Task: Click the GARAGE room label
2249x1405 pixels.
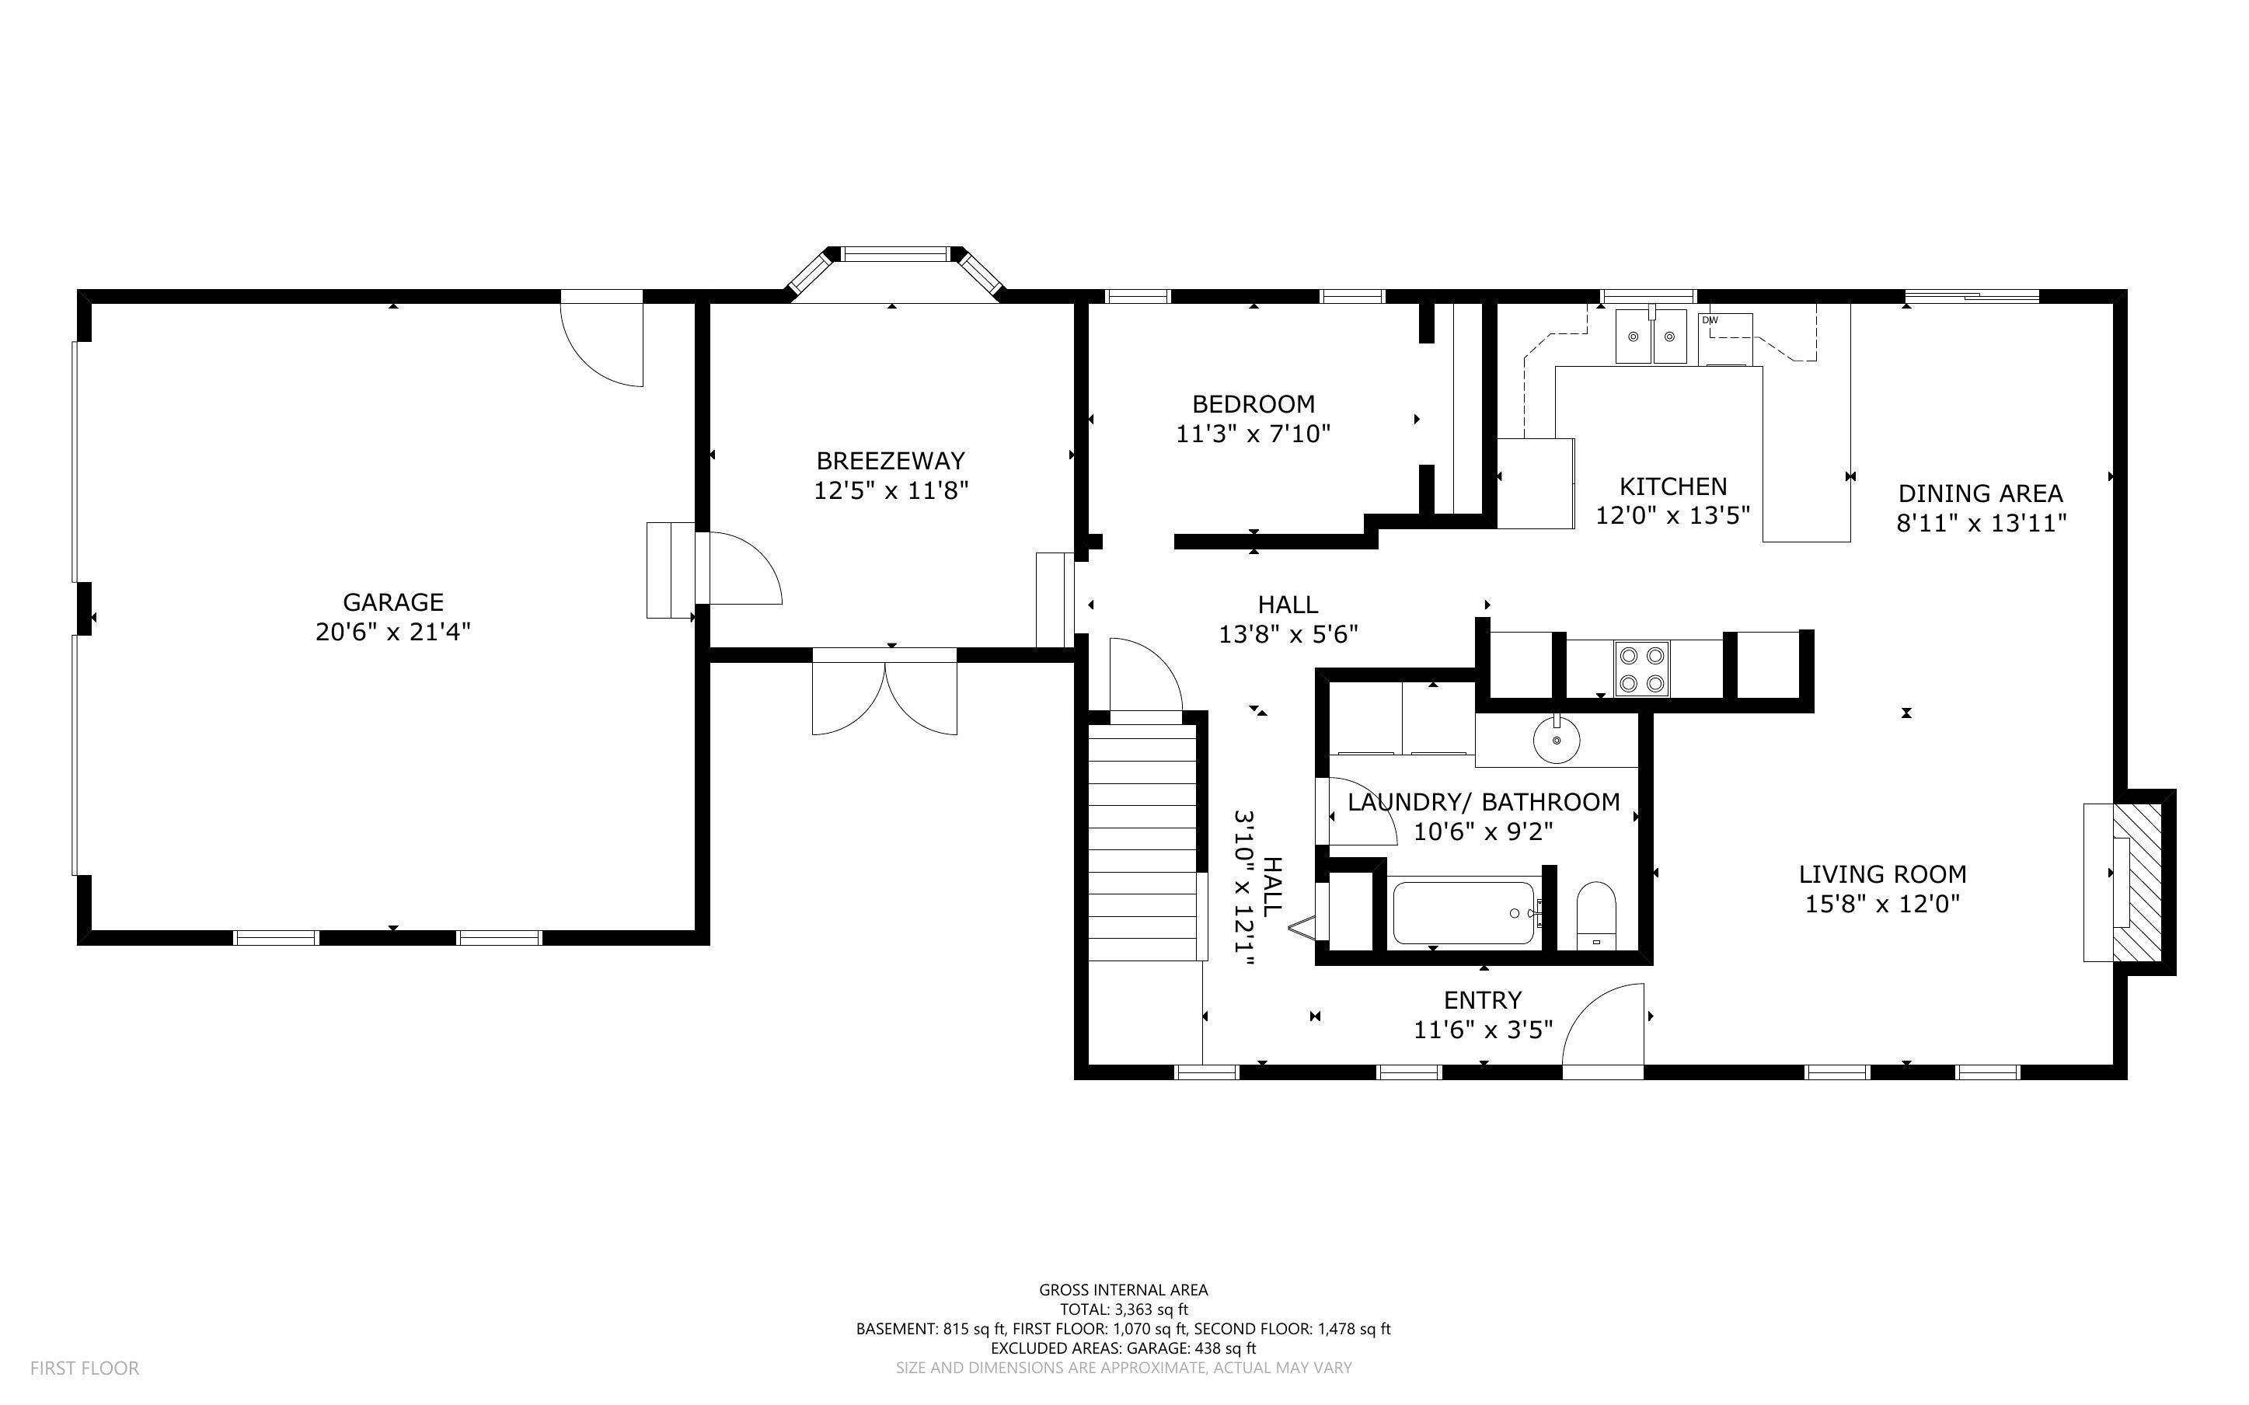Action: tap(393, 602)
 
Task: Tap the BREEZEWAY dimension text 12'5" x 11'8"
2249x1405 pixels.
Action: tap(891, 490)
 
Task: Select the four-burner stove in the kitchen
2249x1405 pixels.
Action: tap(1641, 668)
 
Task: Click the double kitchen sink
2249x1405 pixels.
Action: tap(1651, 336)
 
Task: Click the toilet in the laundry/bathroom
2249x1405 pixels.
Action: tap(1597, 915)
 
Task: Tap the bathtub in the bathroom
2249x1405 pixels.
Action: tap(1464, 913)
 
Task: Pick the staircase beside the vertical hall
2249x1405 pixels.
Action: tap(1142, 842)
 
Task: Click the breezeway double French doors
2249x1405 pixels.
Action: tap(884, 697)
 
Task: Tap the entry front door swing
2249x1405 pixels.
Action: tap(1603, 1030)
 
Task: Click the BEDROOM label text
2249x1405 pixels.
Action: tap(1254, 404)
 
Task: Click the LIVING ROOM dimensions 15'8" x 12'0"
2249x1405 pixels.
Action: tap(1882, 904)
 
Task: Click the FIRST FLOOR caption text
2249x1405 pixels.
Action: tap(85, 1368)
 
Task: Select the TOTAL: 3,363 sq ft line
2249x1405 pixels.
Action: tap(1123, 1309)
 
